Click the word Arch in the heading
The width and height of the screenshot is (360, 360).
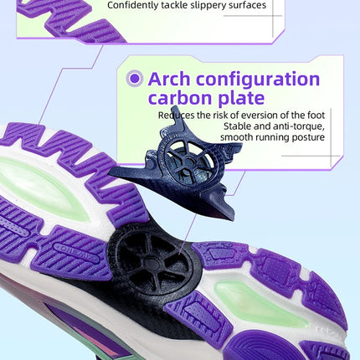click(x=169, y=79)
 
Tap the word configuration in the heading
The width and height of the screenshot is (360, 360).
click(x=258, y=80)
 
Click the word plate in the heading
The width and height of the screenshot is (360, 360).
click(x=240, y=99)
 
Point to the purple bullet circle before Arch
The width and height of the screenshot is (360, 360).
click(x=135, y=78)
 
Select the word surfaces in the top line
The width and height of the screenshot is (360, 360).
click(x=248, y=5)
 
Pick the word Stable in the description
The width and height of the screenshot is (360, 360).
click(x=237, y=126)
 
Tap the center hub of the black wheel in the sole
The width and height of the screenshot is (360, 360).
click(x=152, y=263)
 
